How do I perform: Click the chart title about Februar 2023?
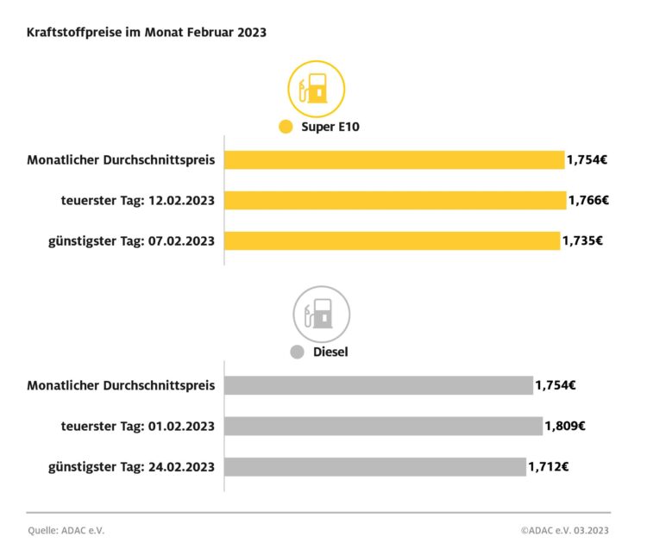[x=147, y=34]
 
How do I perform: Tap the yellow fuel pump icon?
[x=316, y=89]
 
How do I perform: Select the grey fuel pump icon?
[x=322, y=314]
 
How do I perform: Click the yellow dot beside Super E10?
[x=286, y=128]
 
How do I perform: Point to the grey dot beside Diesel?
[x=298, y=352]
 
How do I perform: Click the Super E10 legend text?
[x=330, y=128]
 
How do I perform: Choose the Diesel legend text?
[x=331, y=352]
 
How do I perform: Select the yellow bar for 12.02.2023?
[x=395, y=200]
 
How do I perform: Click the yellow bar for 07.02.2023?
[x=392, y=240]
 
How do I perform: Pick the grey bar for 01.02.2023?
[x=383, y=426]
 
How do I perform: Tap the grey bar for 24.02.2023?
[x=374, y=466]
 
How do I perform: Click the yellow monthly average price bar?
[x=394, y=159]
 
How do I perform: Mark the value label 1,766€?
[x=588, y=200]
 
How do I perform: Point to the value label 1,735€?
[x=582, y=240]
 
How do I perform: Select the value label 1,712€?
[x=549, y=466]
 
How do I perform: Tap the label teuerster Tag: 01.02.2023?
[x=138, y=426]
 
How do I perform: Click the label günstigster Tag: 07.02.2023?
[x=131, y=240]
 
